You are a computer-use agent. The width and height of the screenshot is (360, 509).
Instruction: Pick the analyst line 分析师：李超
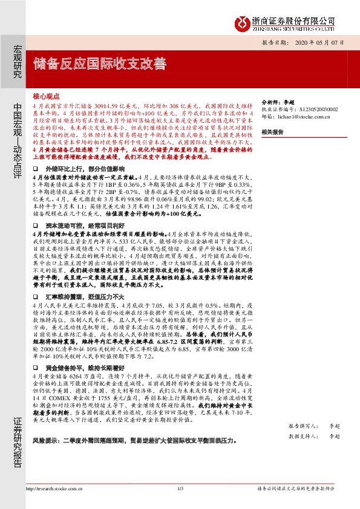(x=277, y=103)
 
